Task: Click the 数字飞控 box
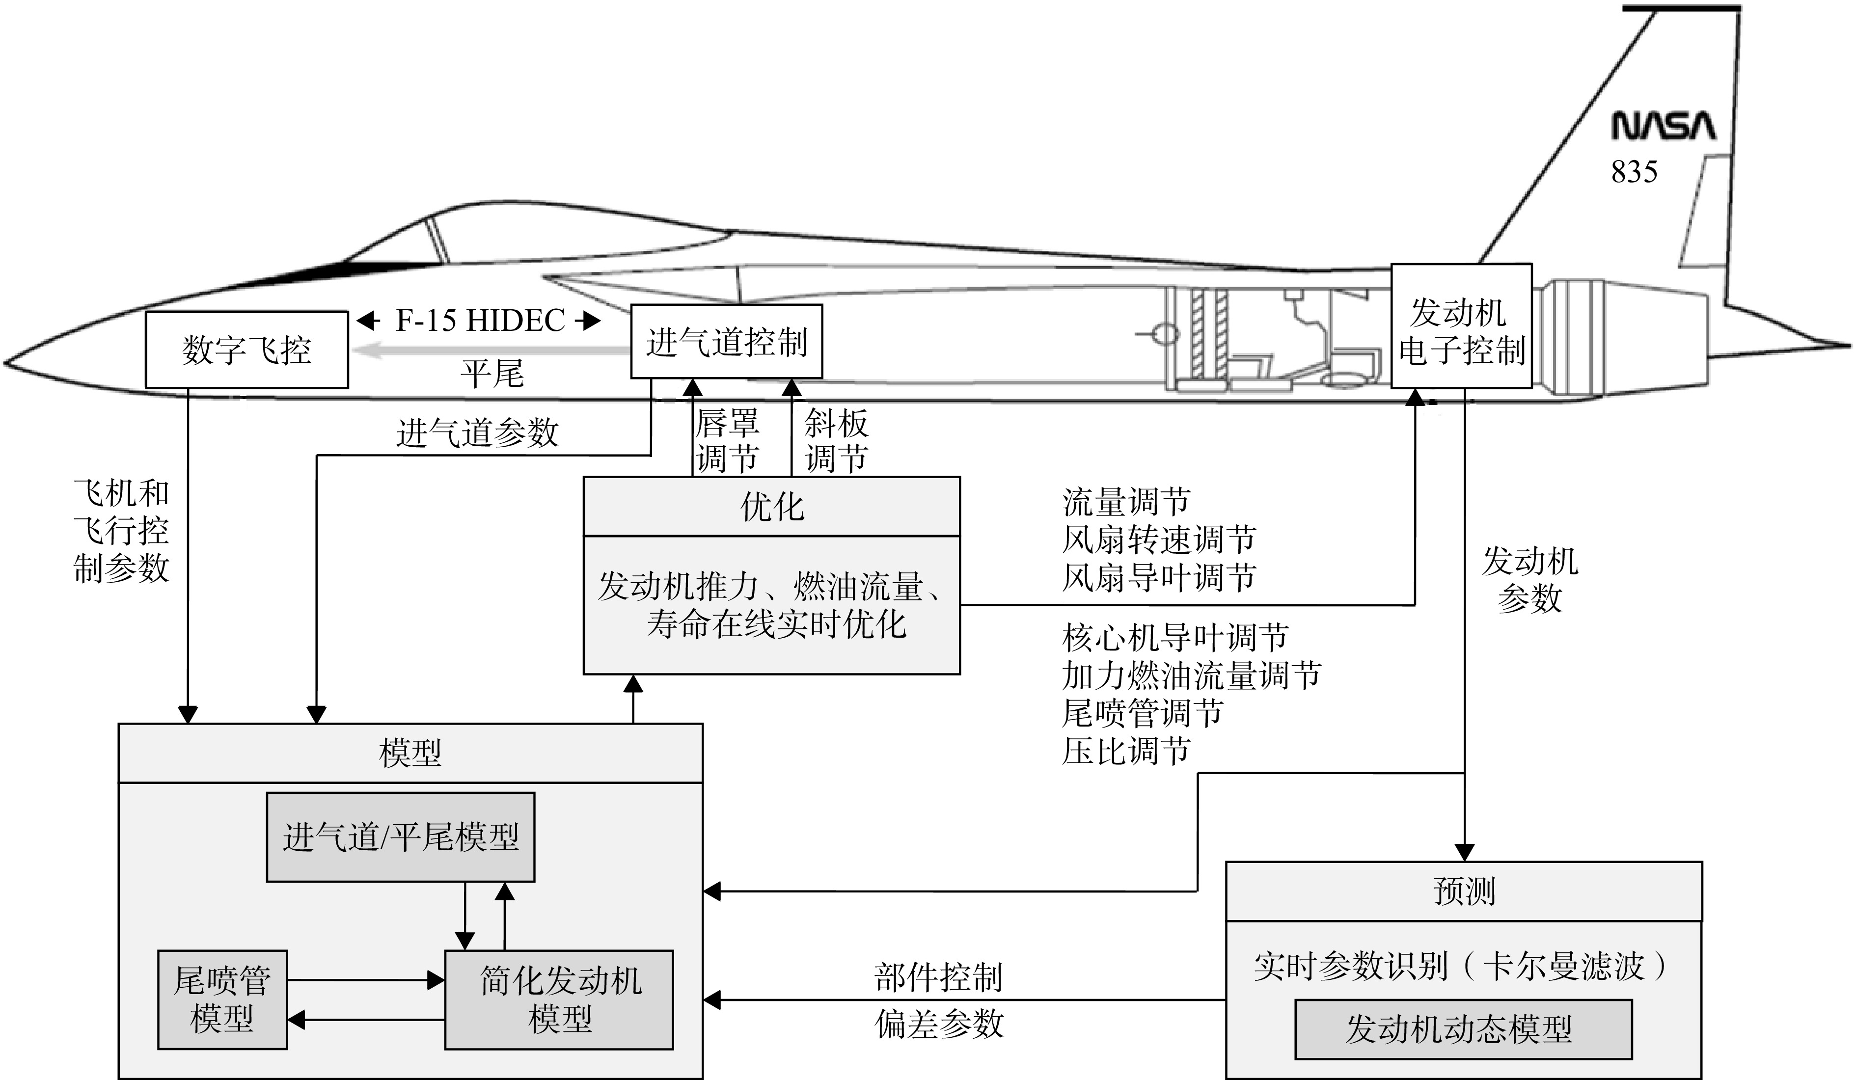tap(246, 350)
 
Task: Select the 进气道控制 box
tap(726, 342)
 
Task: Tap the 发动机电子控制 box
tap(1461, 325)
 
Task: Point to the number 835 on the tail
tap(1634, 171)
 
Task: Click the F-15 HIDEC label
tap(480, 320)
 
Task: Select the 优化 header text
tap(772, 507)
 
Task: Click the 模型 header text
tap(410, 753)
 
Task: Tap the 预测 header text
tap(1464, 891)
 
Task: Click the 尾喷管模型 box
tap(222, 1000)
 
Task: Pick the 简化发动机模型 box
tap(559, 1000)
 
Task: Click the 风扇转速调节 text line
tap(1159, 540)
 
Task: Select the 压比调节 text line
tap(1126, 751)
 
